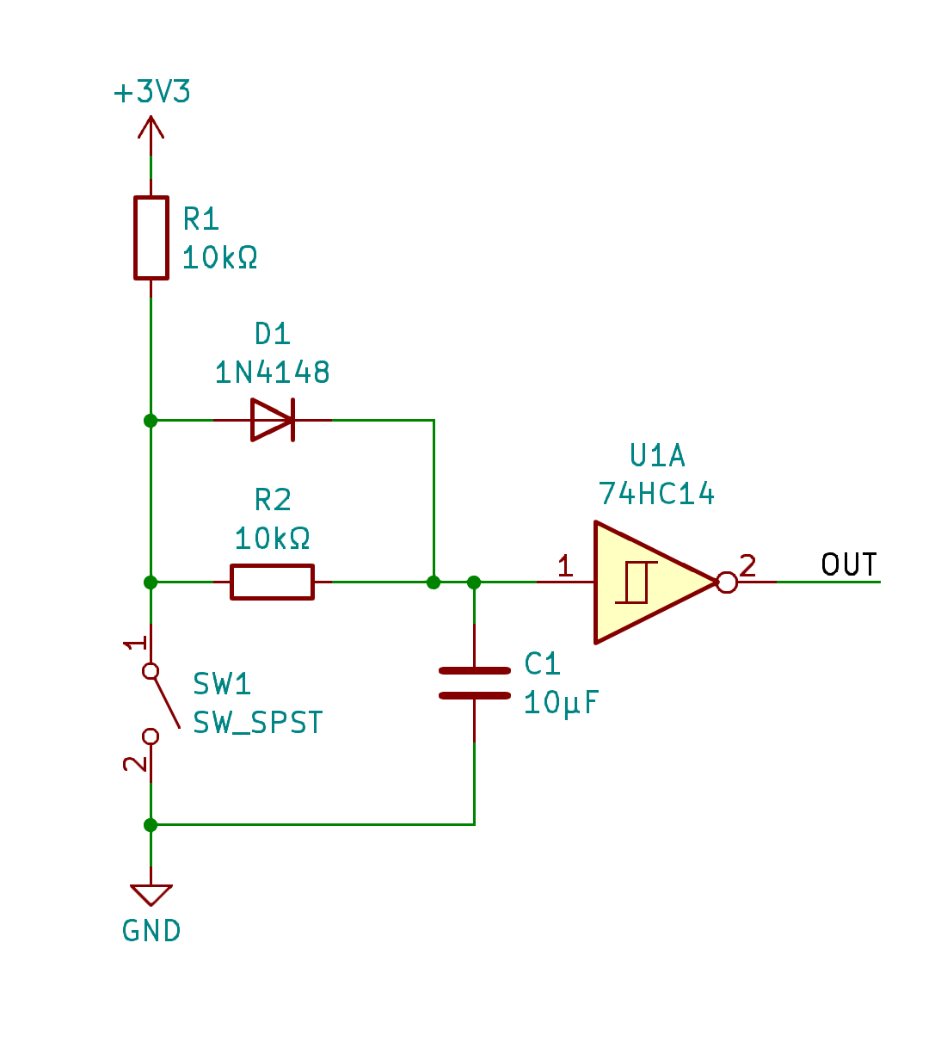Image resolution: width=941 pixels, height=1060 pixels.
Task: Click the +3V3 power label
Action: point(152,92)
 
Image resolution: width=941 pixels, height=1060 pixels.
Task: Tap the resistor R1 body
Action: point(151,237)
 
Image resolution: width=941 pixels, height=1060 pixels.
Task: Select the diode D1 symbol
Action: point(273,420)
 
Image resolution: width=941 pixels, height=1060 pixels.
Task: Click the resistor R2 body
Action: point(272,582)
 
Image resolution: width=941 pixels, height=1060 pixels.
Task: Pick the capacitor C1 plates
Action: point(474,682)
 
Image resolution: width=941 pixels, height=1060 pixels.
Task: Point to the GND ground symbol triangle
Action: point(151,895)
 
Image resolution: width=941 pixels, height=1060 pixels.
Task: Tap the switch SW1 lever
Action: point(165,701)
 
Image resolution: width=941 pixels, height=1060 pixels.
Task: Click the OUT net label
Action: point(849,565)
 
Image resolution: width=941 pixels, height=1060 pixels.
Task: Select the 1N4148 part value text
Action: point(272,373)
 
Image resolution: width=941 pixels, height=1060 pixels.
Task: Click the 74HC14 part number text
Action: point(656,494)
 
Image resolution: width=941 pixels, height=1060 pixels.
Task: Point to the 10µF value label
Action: point(561,703)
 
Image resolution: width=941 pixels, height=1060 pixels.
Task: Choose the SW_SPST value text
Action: point(258,723)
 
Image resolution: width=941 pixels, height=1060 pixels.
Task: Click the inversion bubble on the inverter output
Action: point(727,582)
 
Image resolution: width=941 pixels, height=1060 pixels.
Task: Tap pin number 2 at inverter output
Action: point(747,565)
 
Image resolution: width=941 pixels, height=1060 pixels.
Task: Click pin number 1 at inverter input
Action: point(565,565)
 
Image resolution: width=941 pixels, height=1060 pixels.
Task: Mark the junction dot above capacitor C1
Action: point(474,582)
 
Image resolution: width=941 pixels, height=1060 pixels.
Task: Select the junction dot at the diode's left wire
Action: point(151,420)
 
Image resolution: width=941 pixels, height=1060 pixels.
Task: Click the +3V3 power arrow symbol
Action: point(151,129)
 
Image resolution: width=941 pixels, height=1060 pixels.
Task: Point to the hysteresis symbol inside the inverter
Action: point(637,582)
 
